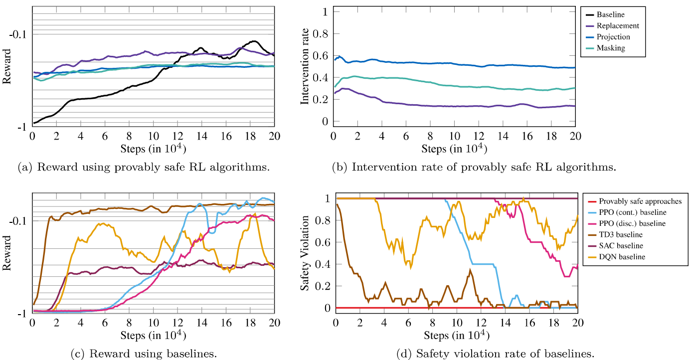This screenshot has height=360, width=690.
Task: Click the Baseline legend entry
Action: [610, 15]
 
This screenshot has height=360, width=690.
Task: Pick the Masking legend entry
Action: [611, 48]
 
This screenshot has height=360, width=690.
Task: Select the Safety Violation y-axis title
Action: [305, 253]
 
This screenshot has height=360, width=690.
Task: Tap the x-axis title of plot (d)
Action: [456, 335]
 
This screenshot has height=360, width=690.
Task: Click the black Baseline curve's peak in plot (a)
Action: [254, 41]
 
